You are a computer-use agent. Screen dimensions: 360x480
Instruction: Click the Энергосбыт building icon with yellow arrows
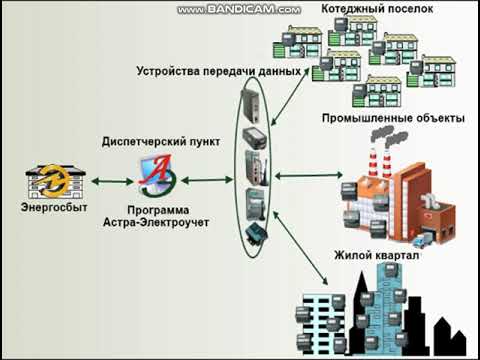45,181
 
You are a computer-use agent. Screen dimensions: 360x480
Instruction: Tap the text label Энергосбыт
50,208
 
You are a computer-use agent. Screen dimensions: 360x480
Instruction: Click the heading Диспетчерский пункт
155,142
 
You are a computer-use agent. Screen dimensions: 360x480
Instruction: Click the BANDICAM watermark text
239,9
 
